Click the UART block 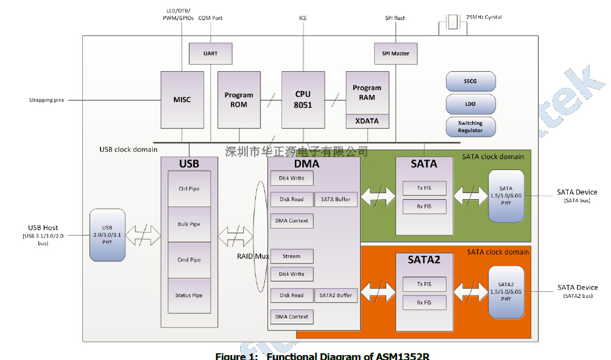210,54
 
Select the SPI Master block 392,54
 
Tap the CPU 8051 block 303,99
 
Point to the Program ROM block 239,99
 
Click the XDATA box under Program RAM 367,121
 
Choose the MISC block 182,99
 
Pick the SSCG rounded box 470,81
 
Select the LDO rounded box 470,104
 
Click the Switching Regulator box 470,127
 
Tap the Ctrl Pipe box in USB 189,189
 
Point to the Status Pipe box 189,295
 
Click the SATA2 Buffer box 336,295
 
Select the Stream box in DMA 292,256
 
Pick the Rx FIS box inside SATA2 424,302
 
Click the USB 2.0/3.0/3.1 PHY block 107,235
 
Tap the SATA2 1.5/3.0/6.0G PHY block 506,292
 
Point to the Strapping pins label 46,100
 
